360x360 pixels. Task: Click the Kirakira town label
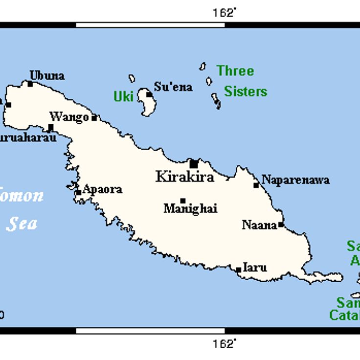tap(184, 177)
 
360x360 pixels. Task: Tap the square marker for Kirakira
tap(194, 164)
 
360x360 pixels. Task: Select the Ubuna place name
tap(47, 75)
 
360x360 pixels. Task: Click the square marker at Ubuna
tap(30, 84)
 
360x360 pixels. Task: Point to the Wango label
tap(69, 117)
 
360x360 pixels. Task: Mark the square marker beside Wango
tap(94, 117)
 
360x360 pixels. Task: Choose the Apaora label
tap(102, 190)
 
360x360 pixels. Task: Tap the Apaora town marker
tap(78, 192)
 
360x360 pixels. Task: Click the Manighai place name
tap(190, 209)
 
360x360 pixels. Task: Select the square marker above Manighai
tap(182, 201)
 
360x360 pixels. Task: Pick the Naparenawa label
tap(295, 180)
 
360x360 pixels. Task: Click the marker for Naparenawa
tap(256, 185)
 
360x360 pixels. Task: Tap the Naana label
tap(259, 225)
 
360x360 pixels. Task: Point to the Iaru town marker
tap(238, 270)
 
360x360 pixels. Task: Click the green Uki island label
tap(124, 96)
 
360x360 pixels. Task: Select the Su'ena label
tap(173, 88)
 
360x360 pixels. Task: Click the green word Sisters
tap(246, 91)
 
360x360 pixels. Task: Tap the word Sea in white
tap(22, 223)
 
